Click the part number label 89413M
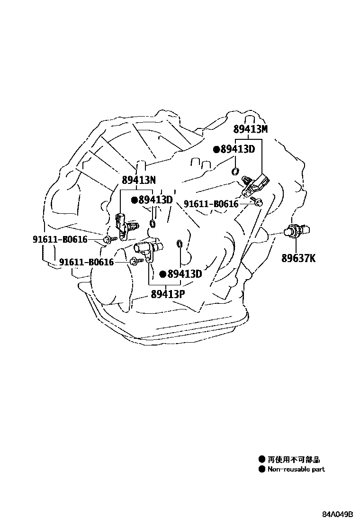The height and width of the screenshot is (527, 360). point(250,129)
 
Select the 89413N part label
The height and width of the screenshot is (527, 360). point(139,180)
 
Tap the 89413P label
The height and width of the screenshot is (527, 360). point(168,294)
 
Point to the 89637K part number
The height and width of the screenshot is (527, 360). point(298,258)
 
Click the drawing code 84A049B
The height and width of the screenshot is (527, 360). point(338,515)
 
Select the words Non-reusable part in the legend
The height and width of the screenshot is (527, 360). point(296,470)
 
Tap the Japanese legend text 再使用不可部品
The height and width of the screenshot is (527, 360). point(294,459)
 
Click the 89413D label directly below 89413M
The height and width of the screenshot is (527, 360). point(237,149)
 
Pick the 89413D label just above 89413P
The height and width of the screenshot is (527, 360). point(184,274)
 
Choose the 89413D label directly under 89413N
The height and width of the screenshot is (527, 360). point(155,200)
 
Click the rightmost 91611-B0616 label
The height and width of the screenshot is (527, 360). point(211,204)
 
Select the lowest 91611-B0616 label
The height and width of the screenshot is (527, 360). point(87,262)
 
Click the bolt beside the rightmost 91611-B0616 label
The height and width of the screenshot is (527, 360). point(257,201)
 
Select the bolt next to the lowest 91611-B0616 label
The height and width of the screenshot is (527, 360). point(134,260)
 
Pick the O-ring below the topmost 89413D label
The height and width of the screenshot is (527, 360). point(235,171)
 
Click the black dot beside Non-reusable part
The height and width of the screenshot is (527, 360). point(261,470)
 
